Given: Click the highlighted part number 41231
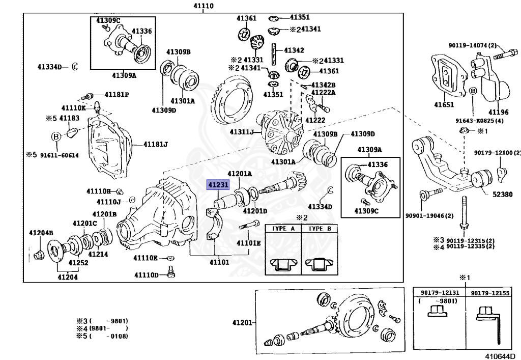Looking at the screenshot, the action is pyautogui.click(x=218, y=184).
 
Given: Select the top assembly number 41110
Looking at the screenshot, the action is pyautogui.click(x=204, y=6).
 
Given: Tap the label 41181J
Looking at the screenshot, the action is pyautogui.click(x=156, y=144).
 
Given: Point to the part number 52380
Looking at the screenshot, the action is pyautogui.click(x=502, y=194).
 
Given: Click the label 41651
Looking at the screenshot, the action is pyautogui.click(x=444, y=105).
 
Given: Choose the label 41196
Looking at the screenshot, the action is pyautogui.click(x=499, y=113).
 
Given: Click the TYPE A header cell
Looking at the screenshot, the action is pyautogui.click(x=283, y=228).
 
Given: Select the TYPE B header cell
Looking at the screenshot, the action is pyautogui.click(x=320, y=228).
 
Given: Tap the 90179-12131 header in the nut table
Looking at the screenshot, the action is pyautogui.click(x=440, y=293).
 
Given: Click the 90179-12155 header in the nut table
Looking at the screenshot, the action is pyautogui.click(x=490, y=293).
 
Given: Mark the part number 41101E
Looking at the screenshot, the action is pyautogui.click(x=248, y=243).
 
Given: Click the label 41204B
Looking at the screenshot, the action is pyautogui.click(x=41, y=233).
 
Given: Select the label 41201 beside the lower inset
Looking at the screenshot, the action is pyautogui.click(x=243, y=322).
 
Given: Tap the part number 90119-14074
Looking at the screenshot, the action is pyautogui.click(x=469, y=45).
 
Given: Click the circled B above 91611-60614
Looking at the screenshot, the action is pyautogui.click(x=56, y=136).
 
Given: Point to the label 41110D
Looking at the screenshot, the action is pyautogui.click(x=147, y=275).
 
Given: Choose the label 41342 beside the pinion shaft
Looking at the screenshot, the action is pyautogui.click(x=294, y=50).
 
